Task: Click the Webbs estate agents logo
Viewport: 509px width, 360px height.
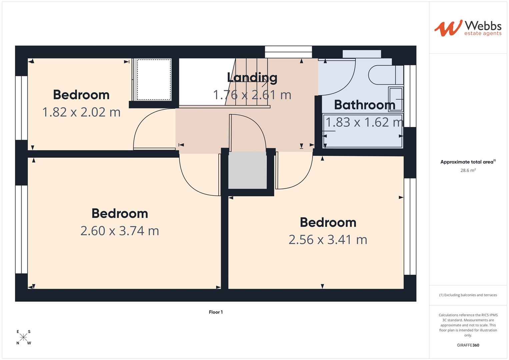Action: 468,28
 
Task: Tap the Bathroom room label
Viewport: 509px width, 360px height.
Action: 364,105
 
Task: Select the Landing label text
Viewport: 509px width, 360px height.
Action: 252,78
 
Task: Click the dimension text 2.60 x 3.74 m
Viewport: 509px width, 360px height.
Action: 120,231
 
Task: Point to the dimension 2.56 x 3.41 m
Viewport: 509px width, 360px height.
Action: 328,240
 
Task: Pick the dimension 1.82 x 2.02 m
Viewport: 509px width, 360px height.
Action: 81,112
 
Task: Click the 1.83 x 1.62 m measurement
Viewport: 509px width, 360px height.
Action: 364,122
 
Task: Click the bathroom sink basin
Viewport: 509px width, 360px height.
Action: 396,99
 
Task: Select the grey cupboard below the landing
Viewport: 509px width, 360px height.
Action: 247,170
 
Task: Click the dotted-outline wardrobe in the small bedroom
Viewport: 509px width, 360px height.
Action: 154,80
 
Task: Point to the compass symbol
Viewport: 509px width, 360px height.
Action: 23,337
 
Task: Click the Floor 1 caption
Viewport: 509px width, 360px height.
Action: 216,312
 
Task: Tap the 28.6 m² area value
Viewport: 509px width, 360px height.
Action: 468,170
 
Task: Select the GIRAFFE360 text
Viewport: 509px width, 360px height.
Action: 468,345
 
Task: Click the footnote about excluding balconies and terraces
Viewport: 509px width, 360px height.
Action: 468,295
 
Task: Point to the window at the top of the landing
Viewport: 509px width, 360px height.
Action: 288,49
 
